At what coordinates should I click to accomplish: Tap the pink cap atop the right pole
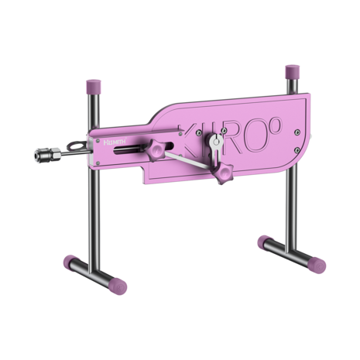click(293, 70)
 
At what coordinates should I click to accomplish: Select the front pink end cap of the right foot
click(317, 265)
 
